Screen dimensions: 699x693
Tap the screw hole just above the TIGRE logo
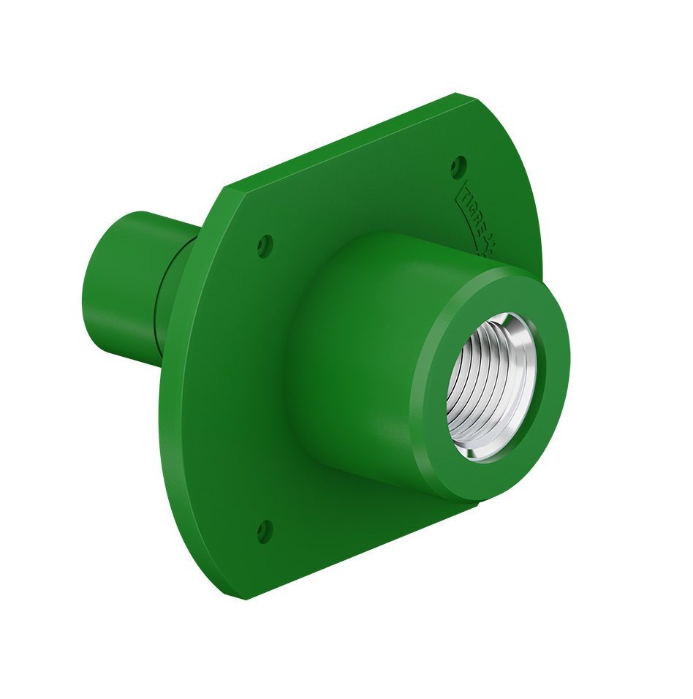(458, 167)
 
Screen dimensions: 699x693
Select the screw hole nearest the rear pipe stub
(265, 246)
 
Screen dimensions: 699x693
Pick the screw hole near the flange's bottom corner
(265, 532)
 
